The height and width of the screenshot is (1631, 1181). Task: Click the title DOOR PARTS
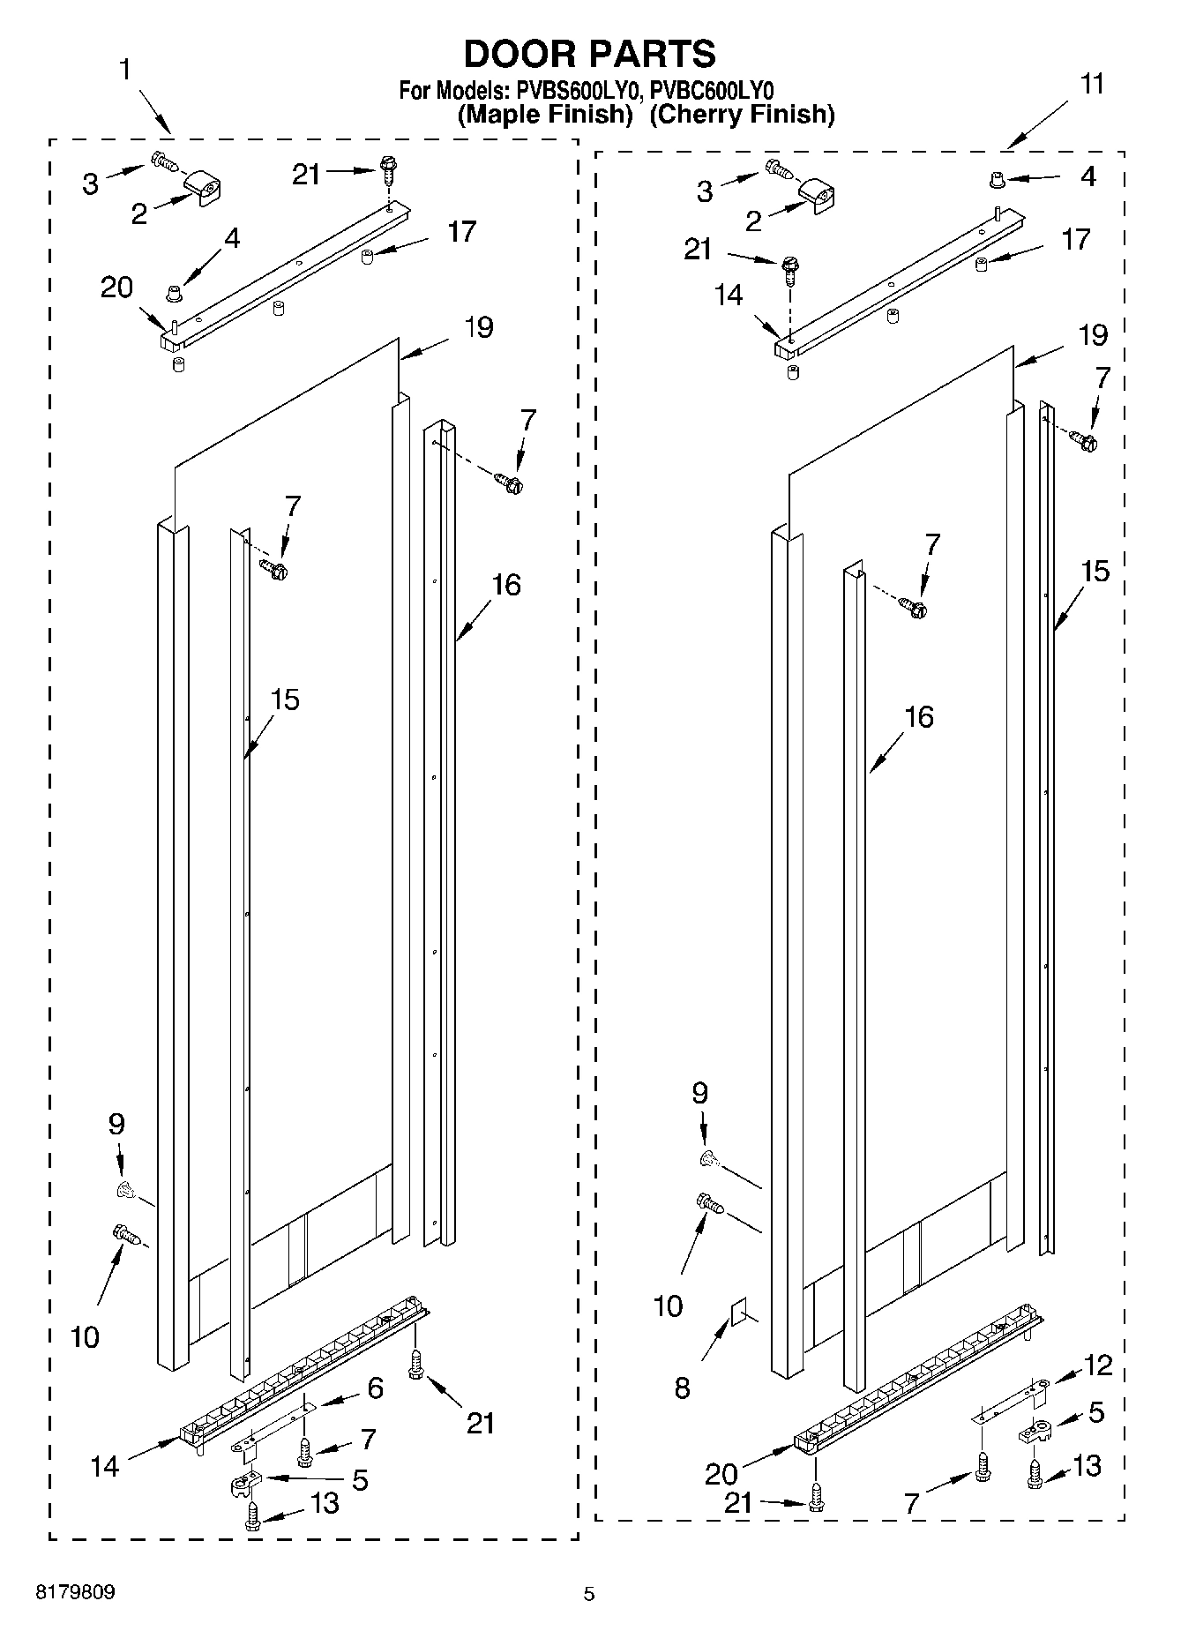tap(589, 55)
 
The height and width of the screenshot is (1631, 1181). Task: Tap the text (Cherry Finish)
tap(742, 115)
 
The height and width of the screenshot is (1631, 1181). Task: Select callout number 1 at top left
tap(126, 71)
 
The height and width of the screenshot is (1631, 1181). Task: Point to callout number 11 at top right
tap(1091, 85)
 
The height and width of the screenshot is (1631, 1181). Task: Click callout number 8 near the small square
tap(682, 1388)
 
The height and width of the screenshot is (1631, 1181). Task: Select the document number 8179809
tap(75, 1592)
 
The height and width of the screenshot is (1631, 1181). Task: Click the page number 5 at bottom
tap(589, 1594)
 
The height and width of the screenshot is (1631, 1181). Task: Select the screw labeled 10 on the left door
tap(127, 1234)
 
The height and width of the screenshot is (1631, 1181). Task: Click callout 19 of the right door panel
tap(1092, 335)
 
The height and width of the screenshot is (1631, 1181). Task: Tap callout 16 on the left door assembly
tap(506, 585)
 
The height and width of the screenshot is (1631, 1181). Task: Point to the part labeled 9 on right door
tap(707, 1159)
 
